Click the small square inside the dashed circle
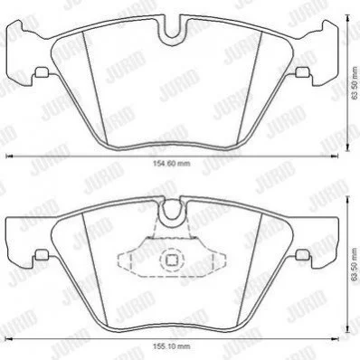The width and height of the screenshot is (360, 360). (172, 260)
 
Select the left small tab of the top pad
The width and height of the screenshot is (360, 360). (42, 72)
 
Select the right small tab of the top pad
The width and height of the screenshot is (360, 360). (302, 72)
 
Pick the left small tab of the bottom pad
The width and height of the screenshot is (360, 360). (42, 255)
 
